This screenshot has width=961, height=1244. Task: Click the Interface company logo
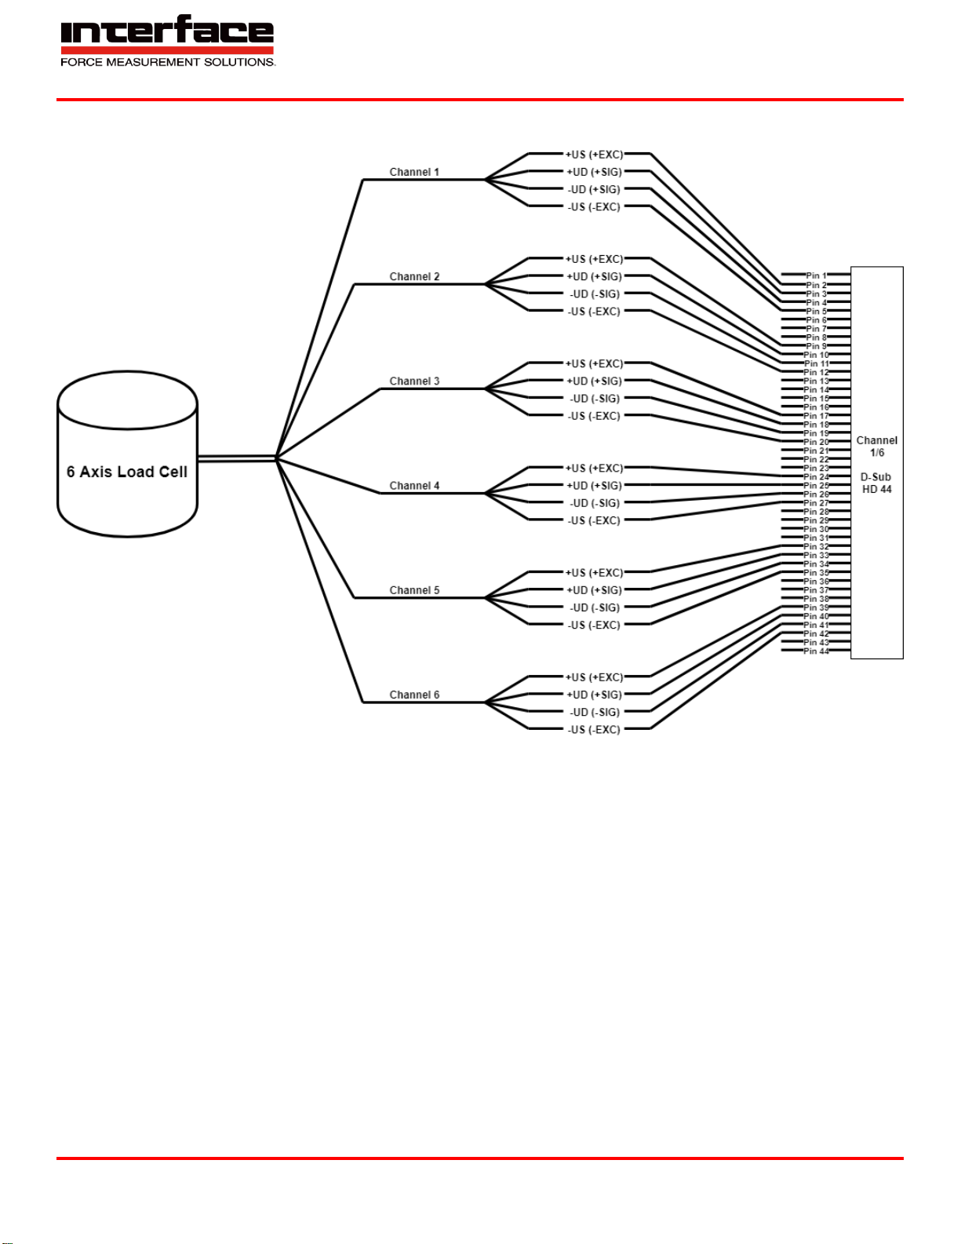pyautogui.click(x=167, y=33)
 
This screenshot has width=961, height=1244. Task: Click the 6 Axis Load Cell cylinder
pyautogui.click(x=127, y=454)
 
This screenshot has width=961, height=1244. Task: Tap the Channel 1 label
pyautogui.click(x=414, y=172)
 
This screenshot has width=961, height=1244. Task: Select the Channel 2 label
pyautogui.click(x=414, y=276)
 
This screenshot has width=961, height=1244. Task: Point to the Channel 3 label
pyautogui.click(x=414, y=381)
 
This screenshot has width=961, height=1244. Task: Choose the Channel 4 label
pyautogui.click(x=414, y=485)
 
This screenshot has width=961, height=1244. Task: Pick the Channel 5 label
pyautogui.click(x=414, y=589)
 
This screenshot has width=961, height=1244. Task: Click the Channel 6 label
pyautogui.click(x=414, y=695)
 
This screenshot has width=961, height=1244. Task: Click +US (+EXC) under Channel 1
pyautogui.click(x=594, y=155)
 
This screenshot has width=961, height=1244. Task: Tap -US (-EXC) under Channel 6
pyautogui.click(x=594, y=730)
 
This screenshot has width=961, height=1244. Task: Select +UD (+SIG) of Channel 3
pyautogui.click(x=594, y=381)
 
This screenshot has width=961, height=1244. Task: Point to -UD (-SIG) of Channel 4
pyautogui.click(x=594, y=503)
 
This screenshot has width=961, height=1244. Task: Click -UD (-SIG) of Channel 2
pyautogui.click(x=594, y=294)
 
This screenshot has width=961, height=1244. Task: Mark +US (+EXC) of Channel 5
pyautogui.click(x=594, y=573)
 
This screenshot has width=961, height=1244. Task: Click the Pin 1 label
pyautogui.click(x=816, y=276)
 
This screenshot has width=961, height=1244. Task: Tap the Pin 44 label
pyautogui.click(x=816, y=651)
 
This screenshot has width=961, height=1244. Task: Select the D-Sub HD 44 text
pyautogui.click(x=876, y=483)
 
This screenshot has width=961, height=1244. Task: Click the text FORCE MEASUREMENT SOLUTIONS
pyautogui.click(x=168, y=62)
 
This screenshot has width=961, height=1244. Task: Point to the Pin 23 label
pyautogui.click(x=816, y=469)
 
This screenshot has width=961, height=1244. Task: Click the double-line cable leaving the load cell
pyautogui.click(x=235, y=458)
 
